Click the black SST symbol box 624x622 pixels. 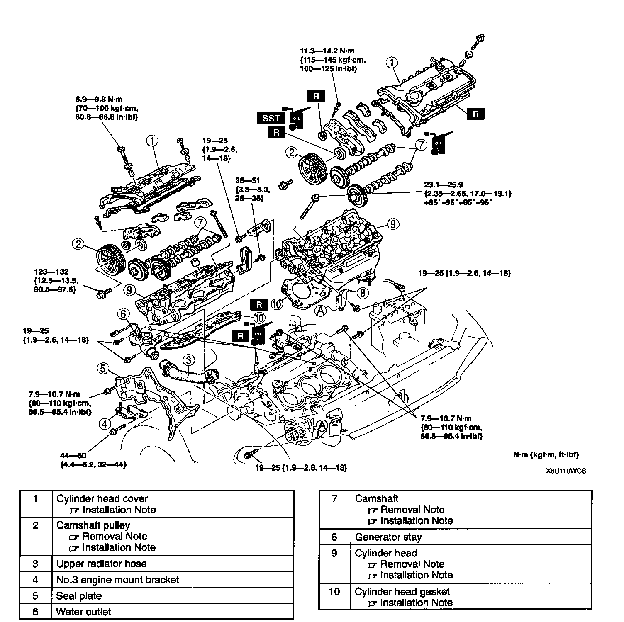[271, 118]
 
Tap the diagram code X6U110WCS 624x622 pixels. [565, 471]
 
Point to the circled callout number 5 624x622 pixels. [104, 368]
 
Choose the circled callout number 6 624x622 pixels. [123, 314]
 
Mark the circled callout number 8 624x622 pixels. [362, 293]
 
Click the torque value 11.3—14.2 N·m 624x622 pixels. [327, 51]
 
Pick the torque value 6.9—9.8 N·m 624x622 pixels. [99, 100]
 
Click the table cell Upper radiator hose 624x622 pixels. [101, 564]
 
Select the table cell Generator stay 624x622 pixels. [388, 537]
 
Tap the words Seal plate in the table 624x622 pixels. [79, 596]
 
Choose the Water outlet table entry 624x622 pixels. [83, 612]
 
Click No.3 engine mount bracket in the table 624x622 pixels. [117, 580]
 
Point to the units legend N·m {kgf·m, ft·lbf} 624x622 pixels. [546, 455]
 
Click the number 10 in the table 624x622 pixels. [334, 592]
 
